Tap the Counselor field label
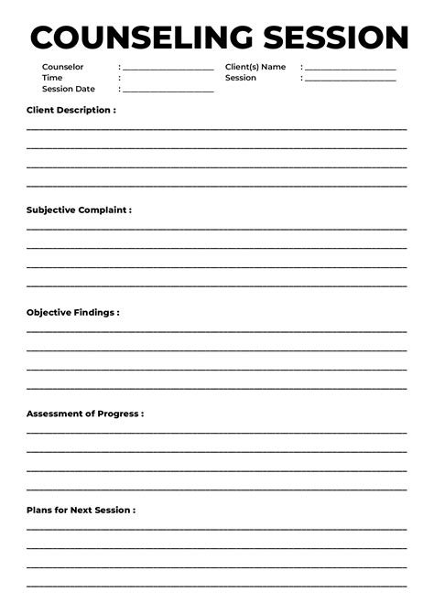pyautogui.click(x=62, y=67)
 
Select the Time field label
pyautogui.click(x=52, y=78)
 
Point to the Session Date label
pyautogui.click(x=68, y=89)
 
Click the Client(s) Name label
pyautogui.click(x=255, y=67)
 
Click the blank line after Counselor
pyautogui.click(x=168, y=69)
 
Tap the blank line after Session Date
pyautogui.click(x=168, y=91)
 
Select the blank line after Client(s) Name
pyautogui.click(x=350, y=69)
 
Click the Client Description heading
pyautogui.click(x=71, y=110)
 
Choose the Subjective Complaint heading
pyautogui.click(x=79, y=210)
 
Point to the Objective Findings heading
pyautogui.click(x=72, y=312)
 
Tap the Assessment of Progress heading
pyautogui.click(x=84, y=414)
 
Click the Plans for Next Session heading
pyautogui.click(x=81, y=510)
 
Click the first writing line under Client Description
pyautogui.click(x=217, y=128)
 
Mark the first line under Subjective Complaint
pyautogui.click(x=217, y=229)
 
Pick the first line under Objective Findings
pyautogui.click(x=217, y=331)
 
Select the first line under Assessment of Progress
pyautogui.click(x=217, y=432)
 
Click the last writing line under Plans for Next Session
pyautogui.click(x=217, y=586)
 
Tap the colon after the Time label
pyautogui.click(x=119, y=78)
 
